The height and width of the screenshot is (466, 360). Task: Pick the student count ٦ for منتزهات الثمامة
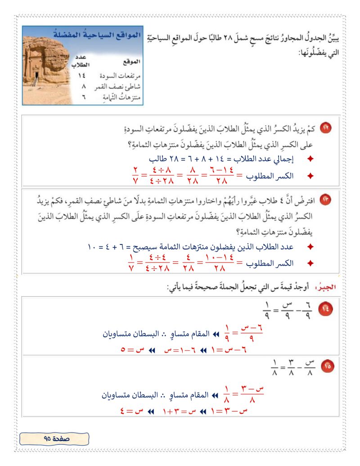pyautogui.click(x=84, y=97)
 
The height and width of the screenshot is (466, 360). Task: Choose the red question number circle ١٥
pyautogui.click(x=324, y=366)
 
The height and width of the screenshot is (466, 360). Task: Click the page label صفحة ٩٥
pyautogui.click(x=55, y=437)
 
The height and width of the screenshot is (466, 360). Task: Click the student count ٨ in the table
pyautogui.click(x=84, y=86)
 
